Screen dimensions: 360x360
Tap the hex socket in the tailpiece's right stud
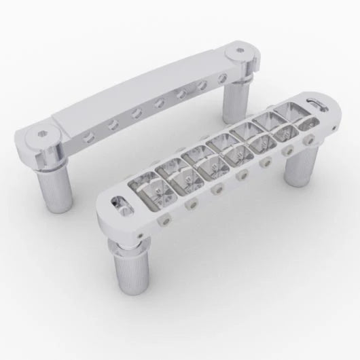pos(241,50)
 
